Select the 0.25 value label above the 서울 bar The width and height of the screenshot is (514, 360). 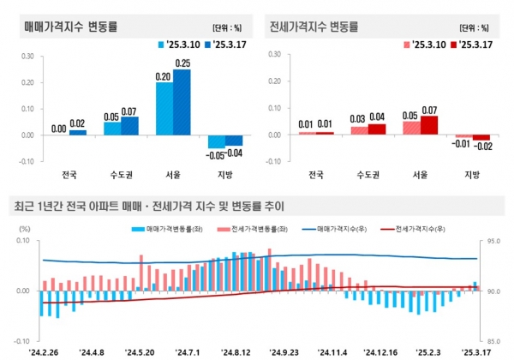point(206,63)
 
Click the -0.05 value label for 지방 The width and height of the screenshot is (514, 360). point(214,154)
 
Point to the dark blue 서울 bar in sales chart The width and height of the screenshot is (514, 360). point(206,102)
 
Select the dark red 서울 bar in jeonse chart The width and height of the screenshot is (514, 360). point(428,125)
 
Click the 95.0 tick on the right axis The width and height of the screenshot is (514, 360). point(495,242)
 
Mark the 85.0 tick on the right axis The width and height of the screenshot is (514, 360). point(495,339)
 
